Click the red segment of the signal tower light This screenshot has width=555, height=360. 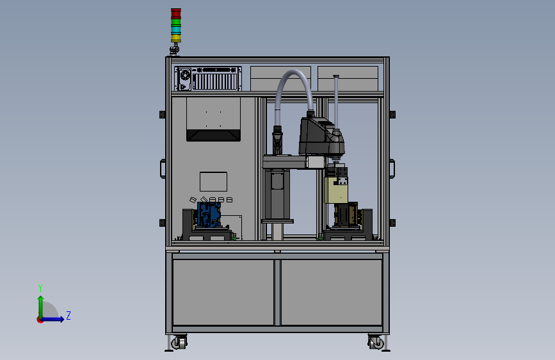[176, 13]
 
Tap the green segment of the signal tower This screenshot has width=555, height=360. [176, 22]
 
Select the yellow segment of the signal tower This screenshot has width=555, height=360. [176, 38]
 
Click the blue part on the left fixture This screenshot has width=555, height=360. [209, 215]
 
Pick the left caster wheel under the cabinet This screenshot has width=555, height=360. [179, 343]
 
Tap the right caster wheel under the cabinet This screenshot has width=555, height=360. [376, 343]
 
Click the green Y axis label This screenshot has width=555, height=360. [40, 288]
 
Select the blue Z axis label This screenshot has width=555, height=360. [68, 315]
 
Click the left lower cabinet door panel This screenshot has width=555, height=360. [223, 292]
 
